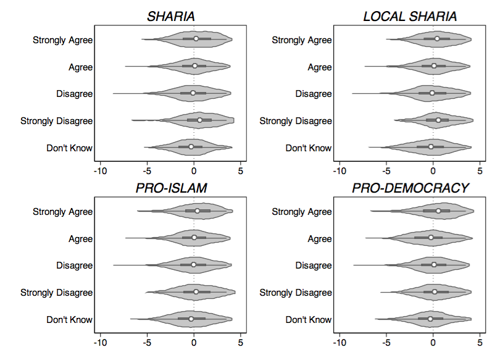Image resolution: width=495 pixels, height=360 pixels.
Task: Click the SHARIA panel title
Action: [170, 16]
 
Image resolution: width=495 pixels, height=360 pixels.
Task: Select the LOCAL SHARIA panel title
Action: [409, 16]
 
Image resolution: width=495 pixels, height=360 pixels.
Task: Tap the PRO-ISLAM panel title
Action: [171, 188]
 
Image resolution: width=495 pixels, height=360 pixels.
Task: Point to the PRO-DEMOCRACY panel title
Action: [410, 188]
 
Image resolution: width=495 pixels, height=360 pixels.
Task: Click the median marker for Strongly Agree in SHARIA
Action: [196, 39]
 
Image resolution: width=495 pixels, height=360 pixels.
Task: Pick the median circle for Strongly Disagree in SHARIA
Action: [199, 120]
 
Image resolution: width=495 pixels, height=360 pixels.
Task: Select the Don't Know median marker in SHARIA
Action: [191, 147]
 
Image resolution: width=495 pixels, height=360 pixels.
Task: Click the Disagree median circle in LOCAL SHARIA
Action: [432, 93]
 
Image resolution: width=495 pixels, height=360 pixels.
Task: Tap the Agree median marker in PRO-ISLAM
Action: [194, 238]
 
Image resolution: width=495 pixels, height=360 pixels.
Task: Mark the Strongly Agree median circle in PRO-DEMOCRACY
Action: [438, 211]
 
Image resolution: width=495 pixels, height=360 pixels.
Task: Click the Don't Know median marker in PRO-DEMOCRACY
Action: [430, 319]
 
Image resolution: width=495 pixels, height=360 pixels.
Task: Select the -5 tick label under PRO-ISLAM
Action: [147, 343]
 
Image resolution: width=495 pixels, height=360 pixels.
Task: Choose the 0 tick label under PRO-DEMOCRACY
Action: [433, 343]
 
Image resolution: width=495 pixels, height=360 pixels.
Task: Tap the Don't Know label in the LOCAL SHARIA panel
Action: [308, 148]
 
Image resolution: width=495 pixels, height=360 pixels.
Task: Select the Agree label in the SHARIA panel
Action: [80, 67]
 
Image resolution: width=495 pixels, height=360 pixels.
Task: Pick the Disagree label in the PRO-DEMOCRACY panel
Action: [314, 266]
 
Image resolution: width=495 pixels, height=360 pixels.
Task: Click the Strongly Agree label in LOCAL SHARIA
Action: [302, 40]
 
